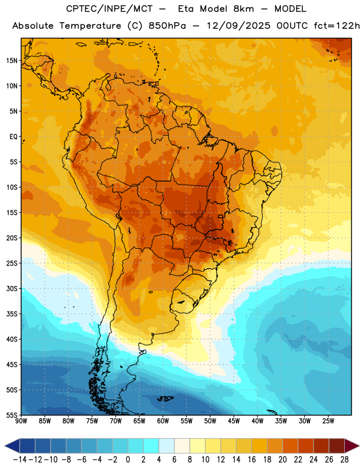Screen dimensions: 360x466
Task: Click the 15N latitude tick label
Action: (x=12, y=61)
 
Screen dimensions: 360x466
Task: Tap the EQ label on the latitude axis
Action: (x=13, y=137)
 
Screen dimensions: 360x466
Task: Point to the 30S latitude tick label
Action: (x=12, y=288)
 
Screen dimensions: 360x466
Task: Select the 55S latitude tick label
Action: (x=12, y=415)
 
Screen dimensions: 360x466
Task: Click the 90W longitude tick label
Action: (x=22, y=421)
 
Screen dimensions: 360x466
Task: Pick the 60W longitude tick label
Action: (x=163, y=421)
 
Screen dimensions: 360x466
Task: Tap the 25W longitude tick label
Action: (x=328, y=421)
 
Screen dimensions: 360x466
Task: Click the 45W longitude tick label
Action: (x=234, y=421)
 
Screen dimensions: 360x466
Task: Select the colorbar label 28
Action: (x=344, y=460)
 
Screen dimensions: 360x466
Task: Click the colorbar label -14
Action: (x=20, y=460)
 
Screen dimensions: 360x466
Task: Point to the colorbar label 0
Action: (x=128, y=460)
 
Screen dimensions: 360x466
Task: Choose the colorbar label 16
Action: (x=252, y=460)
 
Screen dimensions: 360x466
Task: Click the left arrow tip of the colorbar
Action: (x=5, y=446)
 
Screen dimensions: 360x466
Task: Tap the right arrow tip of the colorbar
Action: (x=359, y=446)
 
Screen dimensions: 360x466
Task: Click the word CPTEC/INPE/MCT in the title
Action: (x=110, y=9)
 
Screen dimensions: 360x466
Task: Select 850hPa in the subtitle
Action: (x=167, y=26)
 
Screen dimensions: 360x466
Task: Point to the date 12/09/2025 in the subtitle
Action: (x=238, y=26)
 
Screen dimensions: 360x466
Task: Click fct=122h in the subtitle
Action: (x=337, y=26)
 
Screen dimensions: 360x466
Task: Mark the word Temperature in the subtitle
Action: (x=90, y=26)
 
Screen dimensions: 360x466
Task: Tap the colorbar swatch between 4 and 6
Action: (x=167, y=446)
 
